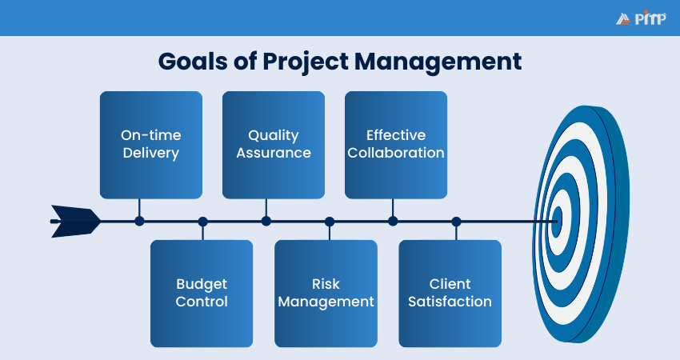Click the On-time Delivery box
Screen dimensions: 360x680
coord(151,144)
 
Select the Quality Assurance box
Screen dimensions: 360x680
coord(273,144)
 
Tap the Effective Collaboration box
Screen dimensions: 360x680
coord(396,144)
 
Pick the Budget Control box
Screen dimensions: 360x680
coord(202,293)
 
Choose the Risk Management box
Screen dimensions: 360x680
coord(326,293)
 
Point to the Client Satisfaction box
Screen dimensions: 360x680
coord(450,293)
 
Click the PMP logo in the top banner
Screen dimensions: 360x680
coord(641,18)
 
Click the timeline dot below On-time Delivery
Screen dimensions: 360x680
coord(140,221)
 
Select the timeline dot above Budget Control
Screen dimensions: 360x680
coord(202,221)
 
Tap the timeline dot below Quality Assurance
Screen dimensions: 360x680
coord(266,221)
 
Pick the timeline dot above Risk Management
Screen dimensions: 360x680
coord(330,221)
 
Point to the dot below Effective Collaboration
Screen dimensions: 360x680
coord(393,221)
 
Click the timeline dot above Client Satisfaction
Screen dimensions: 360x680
coord(456,221)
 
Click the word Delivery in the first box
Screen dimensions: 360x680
coord(151,153)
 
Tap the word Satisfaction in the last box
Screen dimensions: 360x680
coord(450,302)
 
